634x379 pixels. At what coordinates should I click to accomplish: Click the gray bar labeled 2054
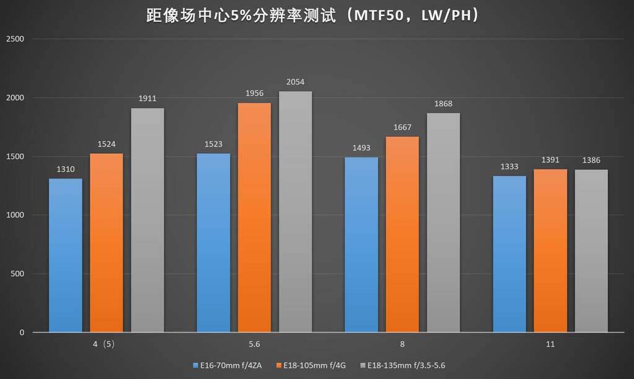(x=295, y=212)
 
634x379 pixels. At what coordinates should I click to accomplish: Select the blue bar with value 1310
(x=66, y=255)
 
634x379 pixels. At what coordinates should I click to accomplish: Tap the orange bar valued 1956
(x=254, y=217)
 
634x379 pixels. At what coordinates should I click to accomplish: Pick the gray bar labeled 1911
(x=147, y=220)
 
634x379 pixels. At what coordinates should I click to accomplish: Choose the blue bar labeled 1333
(x=509, y=254)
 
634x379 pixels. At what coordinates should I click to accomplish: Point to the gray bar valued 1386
(x=591, y=251)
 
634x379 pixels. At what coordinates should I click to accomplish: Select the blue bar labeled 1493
(x=361, y=244)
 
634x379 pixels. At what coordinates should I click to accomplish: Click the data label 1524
(x=106, y=145)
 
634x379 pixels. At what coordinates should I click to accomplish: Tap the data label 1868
(x=443, y=104)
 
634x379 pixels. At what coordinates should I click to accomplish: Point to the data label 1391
(x=550, y=159)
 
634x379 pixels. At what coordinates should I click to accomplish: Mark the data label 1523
(x=213, y=145)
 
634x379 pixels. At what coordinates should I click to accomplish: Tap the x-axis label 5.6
(x=254, y=343)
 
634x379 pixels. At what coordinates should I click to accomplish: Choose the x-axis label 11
(x=550, y=343)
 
